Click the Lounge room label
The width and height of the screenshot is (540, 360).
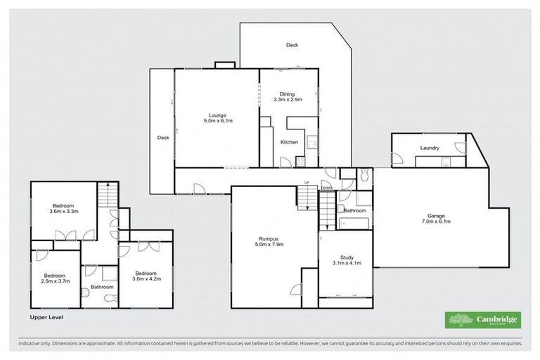pyautogui.click(x=217, y=118)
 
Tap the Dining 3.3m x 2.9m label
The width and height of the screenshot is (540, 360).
pyautogui.click(x=287, y=97)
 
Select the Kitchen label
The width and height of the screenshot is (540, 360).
pyautogui.click(x=289, y=142)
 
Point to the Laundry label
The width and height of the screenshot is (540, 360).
pyautogui.click(x=430, y=148)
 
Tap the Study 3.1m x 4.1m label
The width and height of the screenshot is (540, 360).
pyautogui.click(x=346, y=260)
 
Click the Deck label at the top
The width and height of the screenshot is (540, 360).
pyautogui.click(x=292, y=45)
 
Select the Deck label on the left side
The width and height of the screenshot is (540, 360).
pyautogui.click(x=162, y=138)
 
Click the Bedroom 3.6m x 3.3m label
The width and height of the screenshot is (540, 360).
pyautogui.click(x=63, y=208)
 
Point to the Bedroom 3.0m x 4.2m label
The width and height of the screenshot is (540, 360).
pyautogui.click(x=146, y=275)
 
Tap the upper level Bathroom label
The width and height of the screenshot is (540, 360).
pyautogui.click(x=102, y=287)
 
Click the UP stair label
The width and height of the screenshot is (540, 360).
pyautogui.click(x=307, y=183)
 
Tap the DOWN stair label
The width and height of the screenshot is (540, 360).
pyautogui.click(x=326, y=188)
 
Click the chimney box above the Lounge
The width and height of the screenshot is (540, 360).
pyautogui.click(x=224, y=65)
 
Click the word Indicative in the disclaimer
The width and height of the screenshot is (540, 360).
pyautogui.click(x=32, y=344)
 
